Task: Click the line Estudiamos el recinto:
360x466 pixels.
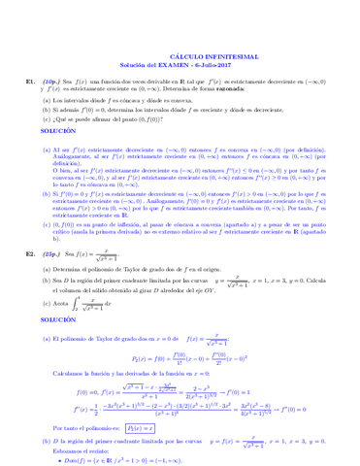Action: (82, 452)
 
